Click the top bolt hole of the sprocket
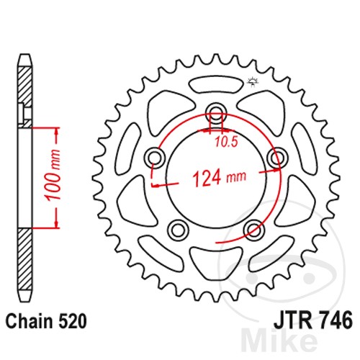pos(215,112)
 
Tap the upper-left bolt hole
pos(153,157)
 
